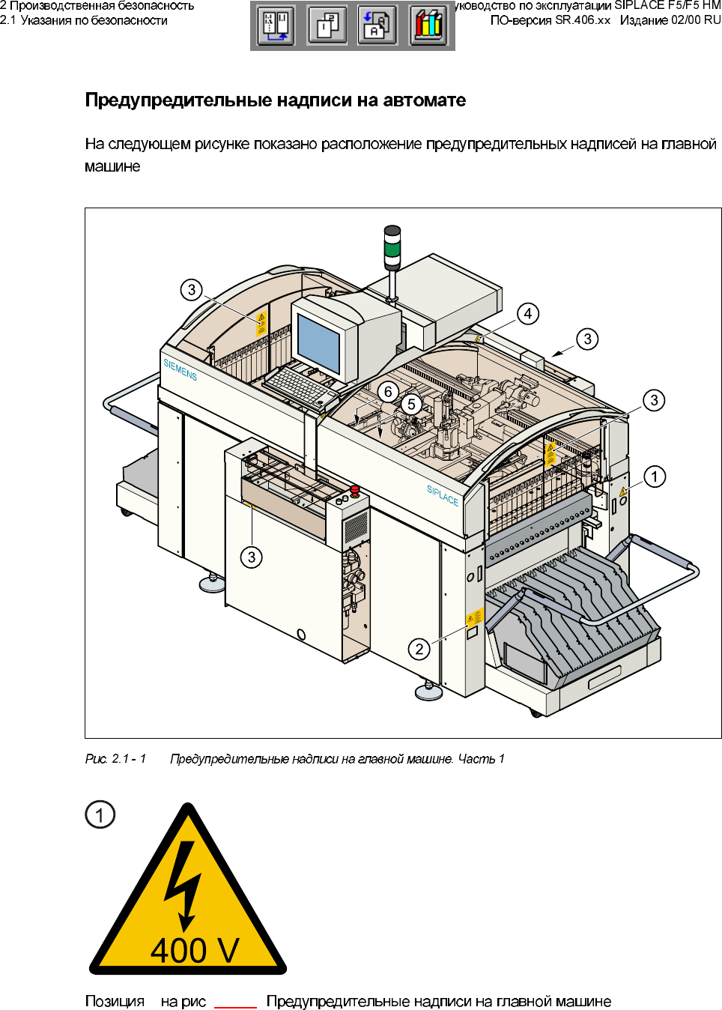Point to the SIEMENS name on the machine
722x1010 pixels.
[180, 369]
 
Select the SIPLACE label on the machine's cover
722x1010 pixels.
[443, 495]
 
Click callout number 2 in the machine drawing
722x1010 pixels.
[419, 649]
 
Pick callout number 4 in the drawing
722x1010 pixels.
[528, 314]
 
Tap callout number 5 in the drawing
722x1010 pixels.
[411, 405]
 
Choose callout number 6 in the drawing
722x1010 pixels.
[388, 392]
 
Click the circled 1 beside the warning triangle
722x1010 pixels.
[100, 814]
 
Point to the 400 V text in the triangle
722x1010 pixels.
[195, 950]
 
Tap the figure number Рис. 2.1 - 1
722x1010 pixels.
[115, 759]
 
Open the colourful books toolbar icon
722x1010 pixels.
[429, 25]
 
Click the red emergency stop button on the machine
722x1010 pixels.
[355, 491]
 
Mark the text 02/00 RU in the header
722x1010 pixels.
[696, 20]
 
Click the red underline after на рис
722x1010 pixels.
[235, 1007]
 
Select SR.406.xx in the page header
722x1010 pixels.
[583, 20]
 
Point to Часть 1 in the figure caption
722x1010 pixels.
[481, 759]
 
